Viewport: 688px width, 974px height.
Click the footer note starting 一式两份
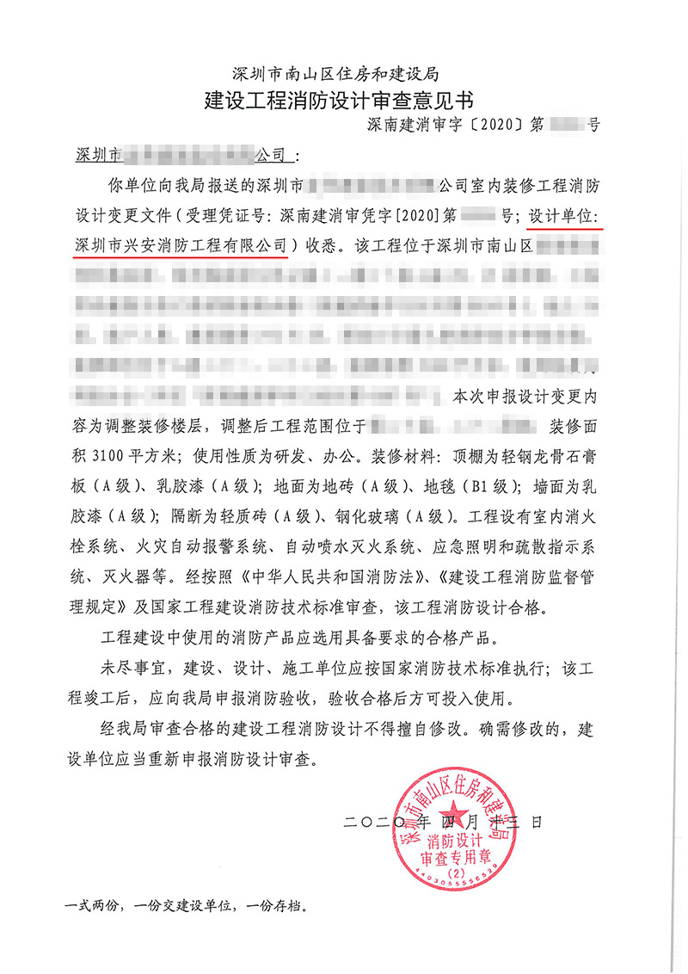(x=186, y=905)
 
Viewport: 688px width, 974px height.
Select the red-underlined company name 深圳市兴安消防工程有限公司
(x=181, y=245)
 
